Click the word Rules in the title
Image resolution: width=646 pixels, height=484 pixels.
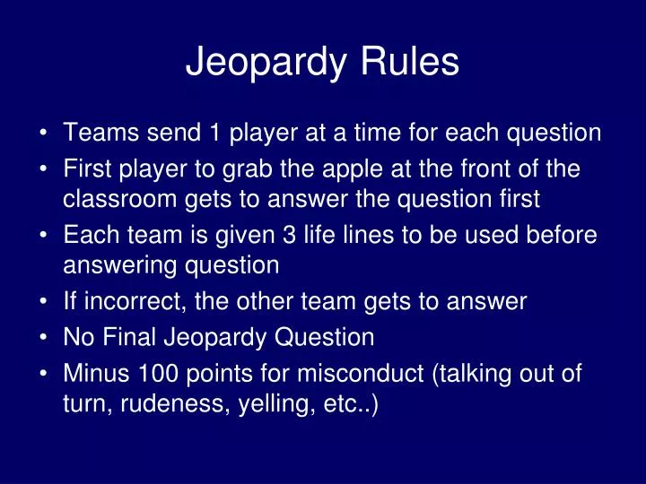(x=414, y=63)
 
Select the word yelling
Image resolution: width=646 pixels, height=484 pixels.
(x=254, y=405)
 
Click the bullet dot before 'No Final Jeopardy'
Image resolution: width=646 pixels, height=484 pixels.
(x=44, y=339)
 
